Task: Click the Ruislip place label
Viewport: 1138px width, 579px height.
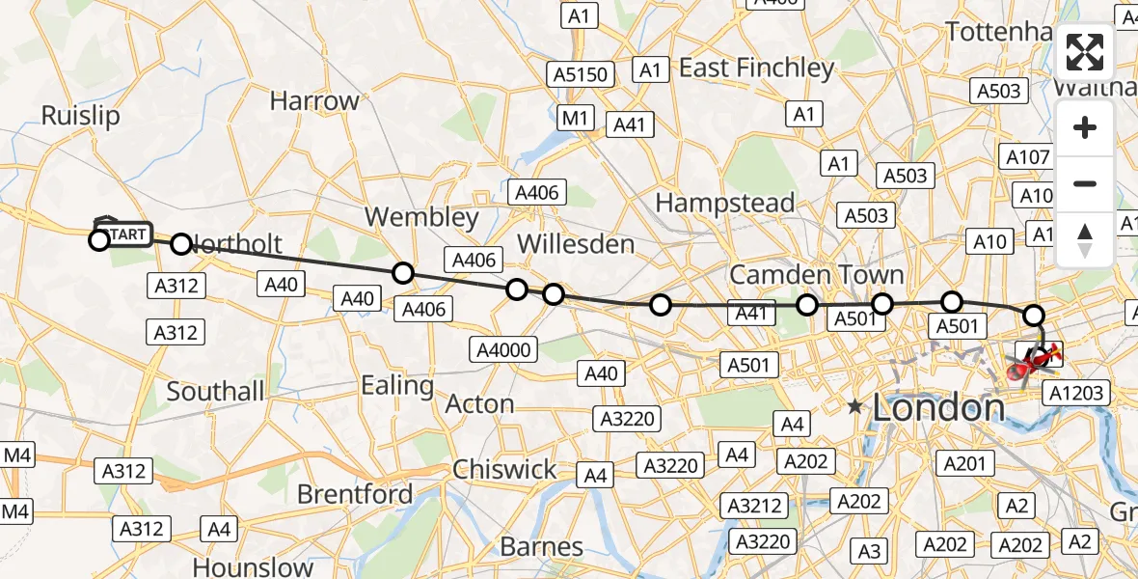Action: coord(81,116)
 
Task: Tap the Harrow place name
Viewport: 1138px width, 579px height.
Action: coord(314,100)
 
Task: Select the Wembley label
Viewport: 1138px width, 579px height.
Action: coord(421,217)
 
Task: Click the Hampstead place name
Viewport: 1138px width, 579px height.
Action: coord(724,204)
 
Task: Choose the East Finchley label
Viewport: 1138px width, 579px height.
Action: coord(756,68)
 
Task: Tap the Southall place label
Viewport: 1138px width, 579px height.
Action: coord(215,391)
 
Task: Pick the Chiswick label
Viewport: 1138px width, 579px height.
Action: coord(504,470)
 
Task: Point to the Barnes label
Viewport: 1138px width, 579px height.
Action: coord(541,547)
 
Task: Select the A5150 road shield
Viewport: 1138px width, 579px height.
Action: coord(578,74)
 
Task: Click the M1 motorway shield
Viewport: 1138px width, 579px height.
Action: coord(576,118)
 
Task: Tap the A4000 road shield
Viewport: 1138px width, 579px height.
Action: coord(503,349)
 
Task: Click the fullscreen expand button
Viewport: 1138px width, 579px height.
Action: coord(1085,53)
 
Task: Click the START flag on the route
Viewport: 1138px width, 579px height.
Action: coord(123,234)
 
